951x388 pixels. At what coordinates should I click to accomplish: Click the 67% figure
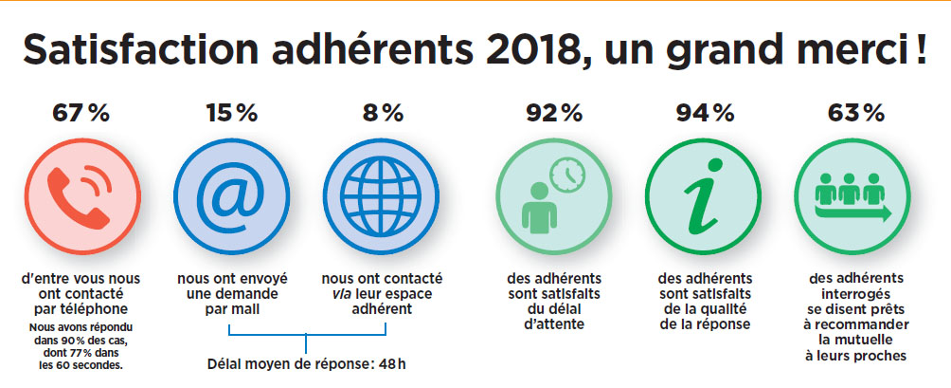[x=80, y=113]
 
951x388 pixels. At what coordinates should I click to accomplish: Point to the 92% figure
[x=554, y=113]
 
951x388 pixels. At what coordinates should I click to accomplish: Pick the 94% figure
[x=705, y=113]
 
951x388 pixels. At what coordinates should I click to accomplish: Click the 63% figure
[x=855, y=113]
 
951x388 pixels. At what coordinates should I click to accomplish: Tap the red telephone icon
[x=80, y=198]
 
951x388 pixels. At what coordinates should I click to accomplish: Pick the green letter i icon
[x=705, y=198]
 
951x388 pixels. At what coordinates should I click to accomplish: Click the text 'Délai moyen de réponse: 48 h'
[x=306, y=363]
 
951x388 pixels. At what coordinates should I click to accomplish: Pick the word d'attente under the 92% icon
[x=554, y=325]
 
